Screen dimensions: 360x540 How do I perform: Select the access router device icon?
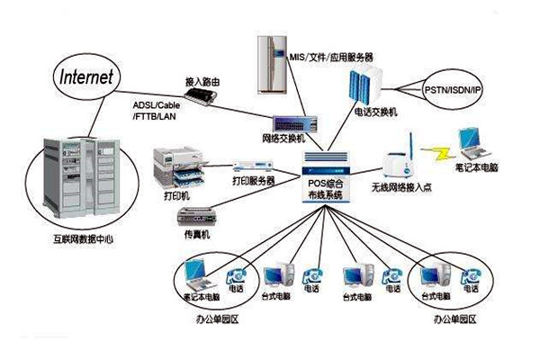pos(205,94)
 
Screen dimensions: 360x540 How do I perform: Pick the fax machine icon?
pos(195,217)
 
